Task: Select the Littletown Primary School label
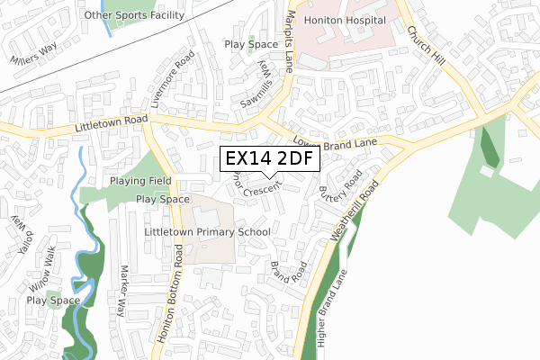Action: [207, 231]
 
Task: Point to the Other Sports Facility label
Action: [132, 15]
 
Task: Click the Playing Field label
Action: [135, 181]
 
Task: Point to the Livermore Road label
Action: [174, 80]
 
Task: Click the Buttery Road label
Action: [340, 186]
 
